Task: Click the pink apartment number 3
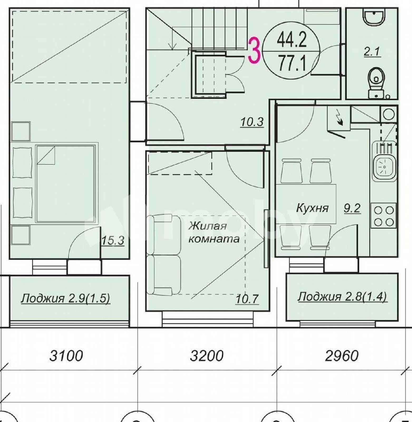pos(254,51)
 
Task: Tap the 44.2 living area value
pos(292,41)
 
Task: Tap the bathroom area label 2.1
pos(372,51)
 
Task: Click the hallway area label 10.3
pos(252,122)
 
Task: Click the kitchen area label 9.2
pos(352,208)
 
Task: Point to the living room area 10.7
pos(247,299)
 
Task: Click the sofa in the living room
pos(163,255)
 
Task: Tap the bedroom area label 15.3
pos(113,241)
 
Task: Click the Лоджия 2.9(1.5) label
pos(66,299)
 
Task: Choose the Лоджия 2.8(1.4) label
pos(342,297)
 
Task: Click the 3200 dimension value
pos(207,356)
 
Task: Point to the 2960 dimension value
pos(342,356)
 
